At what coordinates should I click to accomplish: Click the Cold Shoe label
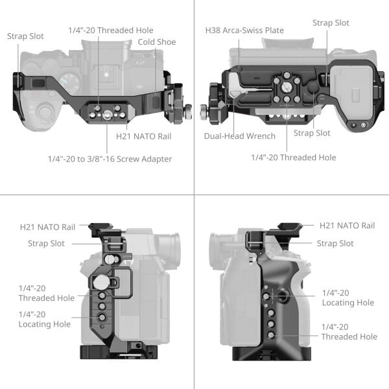click(x=152, y=42)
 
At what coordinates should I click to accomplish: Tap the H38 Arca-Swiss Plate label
click(x=244, y=30)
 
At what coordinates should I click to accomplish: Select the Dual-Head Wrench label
click(x=239, y=136)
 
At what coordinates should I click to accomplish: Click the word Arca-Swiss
click(x=246, y=30)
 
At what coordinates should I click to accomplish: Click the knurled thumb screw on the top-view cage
click(x=186, y=110)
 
